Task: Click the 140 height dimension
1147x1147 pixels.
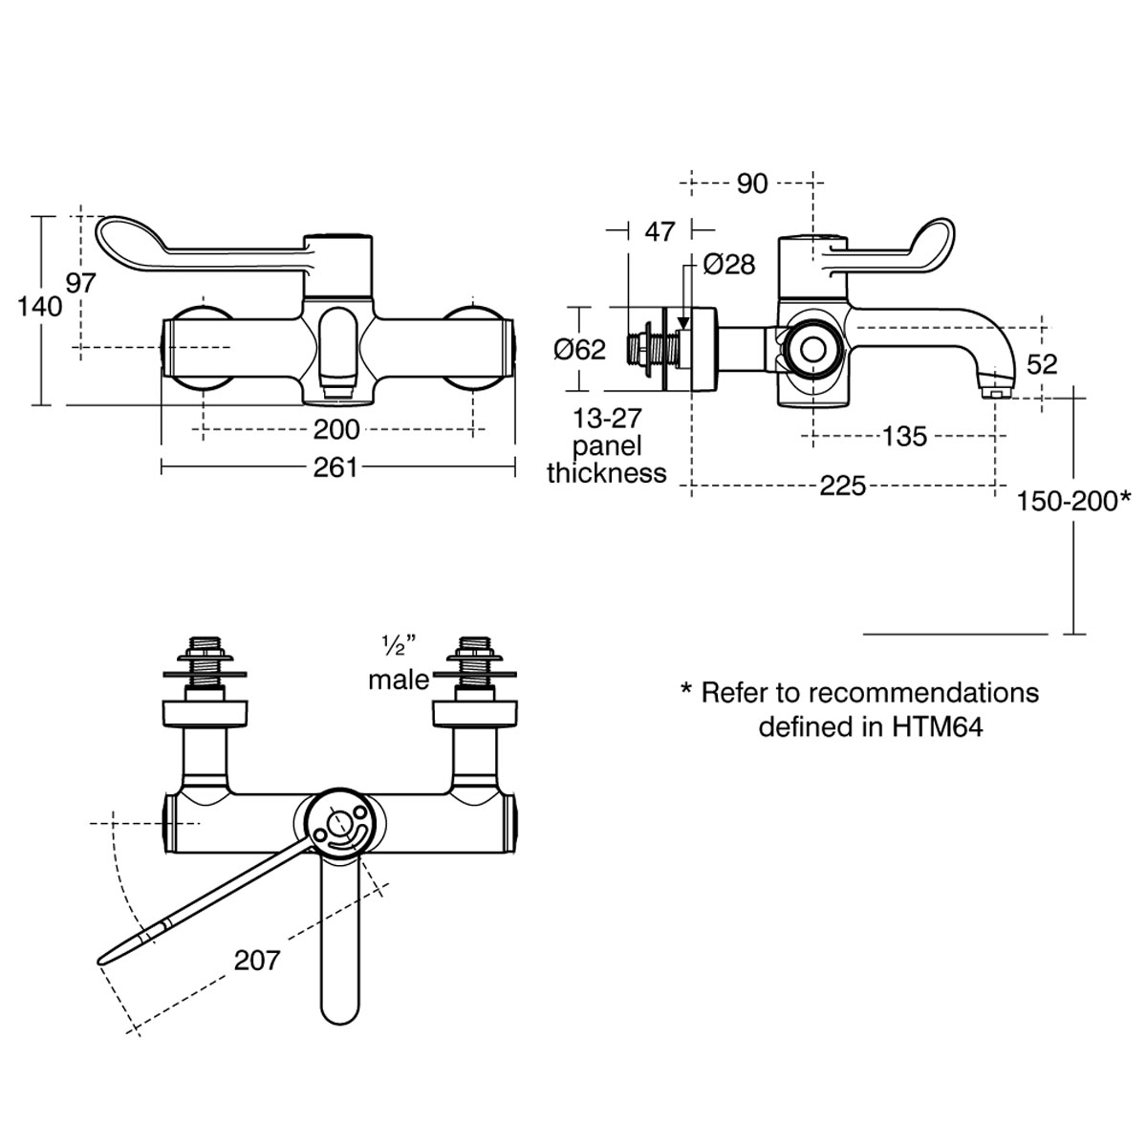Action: [x=39, y=307]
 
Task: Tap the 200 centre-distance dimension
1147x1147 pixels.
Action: [x=336, y=429]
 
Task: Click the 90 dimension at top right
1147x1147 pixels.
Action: [x=752, y=184]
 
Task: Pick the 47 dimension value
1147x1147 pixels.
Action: [x=660, y=230]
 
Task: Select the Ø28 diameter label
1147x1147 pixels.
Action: [x=729, y=264]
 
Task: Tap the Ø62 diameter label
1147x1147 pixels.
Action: [x=580, y=350]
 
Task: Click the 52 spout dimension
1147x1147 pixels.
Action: [x=1042, y=363]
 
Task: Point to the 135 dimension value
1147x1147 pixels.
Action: [x=904, y=436]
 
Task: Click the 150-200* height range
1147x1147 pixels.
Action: [x=1074, y=499]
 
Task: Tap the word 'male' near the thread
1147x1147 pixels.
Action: [x=399, y=681]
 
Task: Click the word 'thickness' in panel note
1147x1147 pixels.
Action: [x=607, y=473]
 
